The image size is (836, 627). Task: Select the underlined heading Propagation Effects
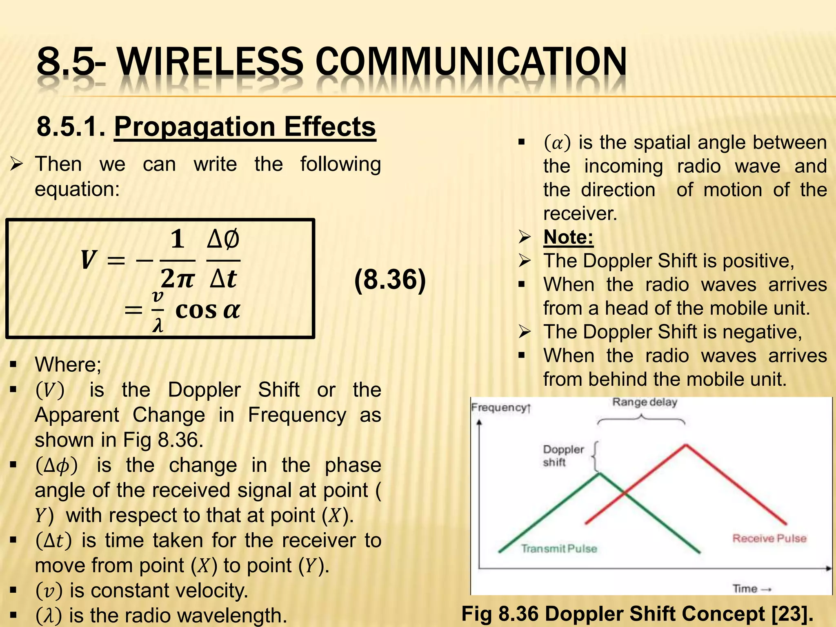pyautogui.click(x=245, y=127)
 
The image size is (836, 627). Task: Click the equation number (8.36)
pyautogui.click(x=390, y=280)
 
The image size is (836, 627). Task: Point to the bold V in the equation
pyautogui.click(x=88, y=260)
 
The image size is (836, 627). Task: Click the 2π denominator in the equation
pyautogui.click(x=177, y=279)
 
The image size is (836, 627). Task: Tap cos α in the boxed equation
pyautogui.click(x=207, y=310)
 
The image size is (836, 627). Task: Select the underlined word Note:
pyautogui.click(x=568, y=237)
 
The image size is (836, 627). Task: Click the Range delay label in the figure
pyautogui.click(x=645, y=402)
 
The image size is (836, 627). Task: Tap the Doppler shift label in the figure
pyautogui.click(x=563, y=456)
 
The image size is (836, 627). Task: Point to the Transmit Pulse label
pyautogui.click(x=559, y=549)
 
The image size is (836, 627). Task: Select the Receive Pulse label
pyautogui.click(x=769, y=538)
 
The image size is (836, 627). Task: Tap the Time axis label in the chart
pyautogui.click(x=745, y=589)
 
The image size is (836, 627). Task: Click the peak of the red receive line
pyautogui.click(x=686, y=445)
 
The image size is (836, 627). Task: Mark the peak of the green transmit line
pyautogui.click(x=599, y=474)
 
